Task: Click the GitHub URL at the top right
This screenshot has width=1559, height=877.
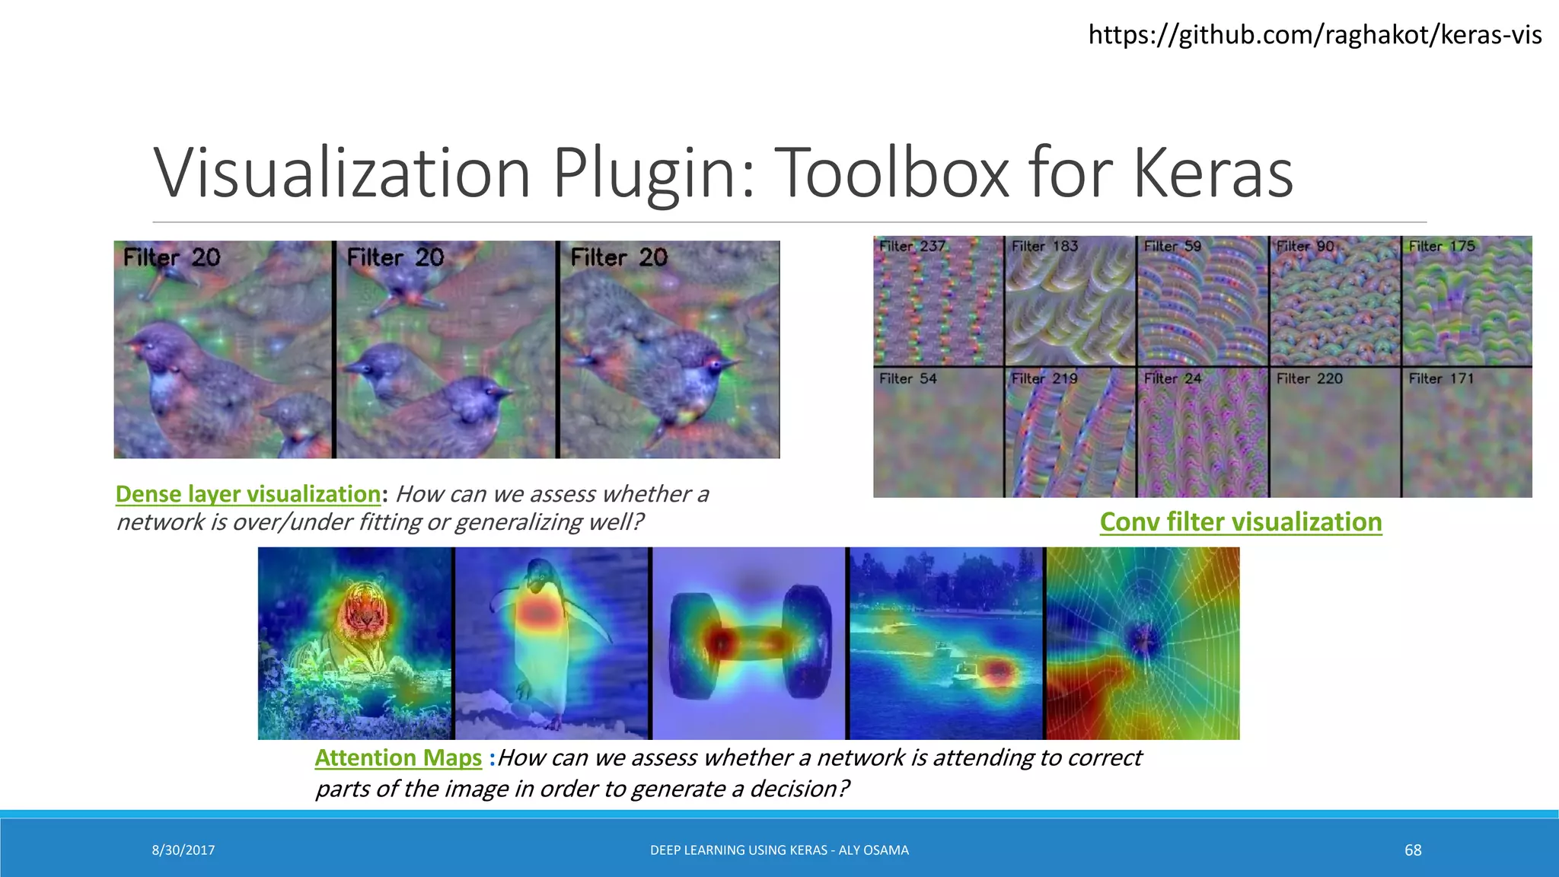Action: [1315, 35]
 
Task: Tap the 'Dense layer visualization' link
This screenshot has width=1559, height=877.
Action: [248, 494]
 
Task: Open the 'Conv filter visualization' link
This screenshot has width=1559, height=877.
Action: [1241, 522]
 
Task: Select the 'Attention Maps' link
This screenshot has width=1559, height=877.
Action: [398, 758]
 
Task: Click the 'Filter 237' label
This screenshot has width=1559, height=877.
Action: [912, 246]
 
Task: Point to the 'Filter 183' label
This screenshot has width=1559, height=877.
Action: [1044, 246]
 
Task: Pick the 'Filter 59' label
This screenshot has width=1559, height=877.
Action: [1172, 246]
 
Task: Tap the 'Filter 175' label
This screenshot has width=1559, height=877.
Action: [1442, 246]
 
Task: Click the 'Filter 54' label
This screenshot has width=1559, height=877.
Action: [907, 378]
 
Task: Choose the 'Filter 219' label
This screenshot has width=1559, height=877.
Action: [1044, 378]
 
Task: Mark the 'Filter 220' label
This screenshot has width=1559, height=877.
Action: [1309, 378]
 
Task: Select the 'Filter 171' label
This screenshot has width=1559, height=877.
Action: [1441, 378]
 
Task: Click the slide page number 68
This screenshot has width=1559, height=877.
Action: [1413, 850]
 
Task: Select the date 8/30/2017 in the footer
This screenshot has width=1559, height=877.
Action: [183, 850]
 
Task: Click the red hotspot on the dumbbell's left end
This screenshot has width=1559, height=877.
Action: [719, 642]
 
